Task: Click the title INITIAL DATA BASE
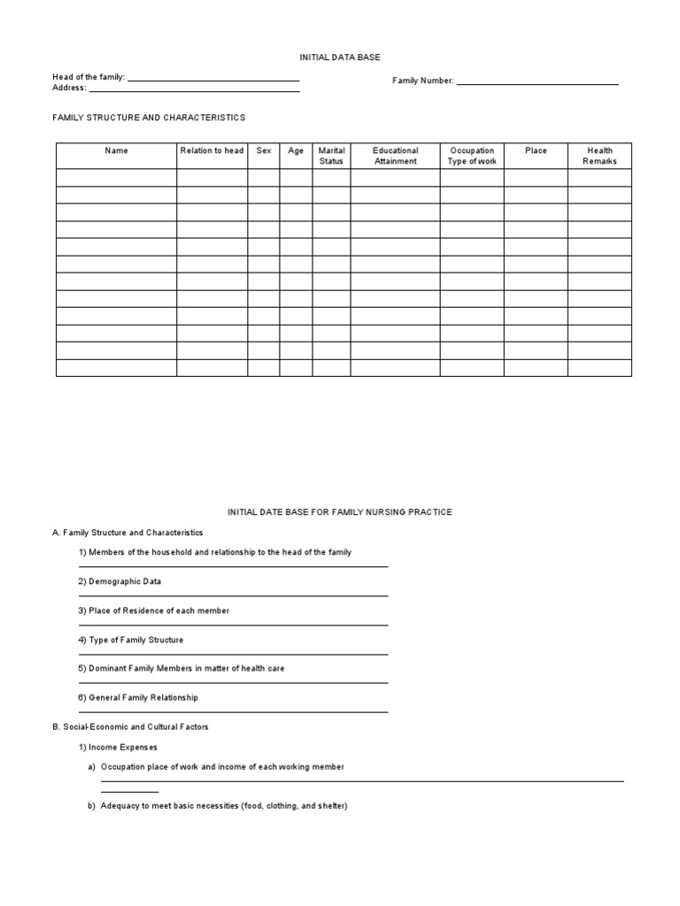(341, 57)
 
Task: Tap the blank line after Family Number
(537, 82)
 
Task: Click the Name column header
(116, 151)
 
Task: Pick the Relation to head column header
(212, 151)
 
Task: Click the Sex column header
(264, 151)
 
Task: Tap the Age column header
(296, 151)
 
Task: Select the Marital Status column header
(331, 156)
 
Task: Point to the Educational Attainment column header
(395, 156)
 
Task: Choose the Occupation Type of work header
(472, 156)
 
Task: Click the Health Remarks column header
(599, 156)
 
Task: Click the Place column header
(536, 151)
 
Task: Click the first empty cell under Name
(116, 178)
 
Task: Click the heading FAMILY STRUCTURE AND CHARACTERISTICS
(149, 118)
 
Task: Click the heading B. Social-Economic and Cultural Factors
(130, 726)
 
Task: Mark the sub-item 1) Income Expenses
(118, 748)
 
